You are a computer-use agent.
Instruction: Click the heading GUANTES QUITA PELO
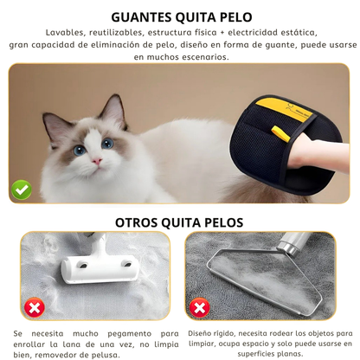(180, 16)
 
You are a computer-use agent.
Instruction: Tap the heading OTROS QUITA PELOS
(180, 222)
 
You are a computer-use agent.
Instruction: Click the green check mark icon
(21, 189)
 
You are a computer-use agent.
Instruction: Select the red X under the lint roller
(34, 308)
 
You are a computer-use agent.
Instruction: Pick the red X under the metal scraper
(199, 308)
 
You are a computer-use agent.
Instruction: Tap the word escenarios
(177, 56)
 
